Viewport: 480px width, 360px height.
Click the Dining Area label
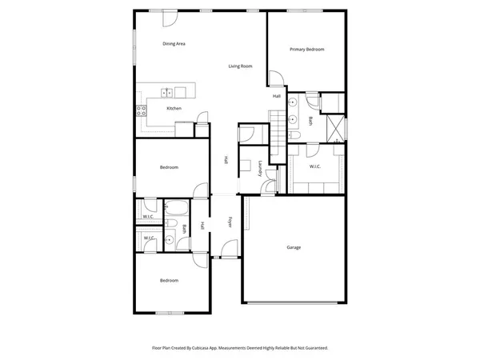pyautogui.click(x=174, y=43)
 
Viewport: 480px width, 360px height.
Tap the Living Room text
pyautogui.click(x=240, y=66)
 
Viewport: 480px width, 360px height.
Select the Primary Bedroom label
pyautogui.click(x=307, y=50)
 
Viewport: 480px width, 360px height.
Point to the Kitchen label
pyautogui.click(x=174, y=108)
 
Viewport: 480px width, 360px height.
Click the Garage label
pyautogui.click(x=294, y=248)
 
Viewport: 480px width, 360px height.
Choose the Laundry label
pyautogui.click(x=261, y=167)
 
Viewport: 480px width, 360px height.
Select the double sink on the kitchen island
pyautogui.click(x=166, y=91)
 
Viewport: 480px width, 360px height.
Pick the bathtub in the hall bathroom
pyautogui.click(x=177, y=210)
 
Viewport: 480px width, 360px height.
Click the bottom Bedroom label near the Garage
pyautogui.click(x=169, y=281)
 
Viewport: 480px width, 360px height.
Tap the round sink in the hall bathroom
pyautogui.click(x=170, y=238)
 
